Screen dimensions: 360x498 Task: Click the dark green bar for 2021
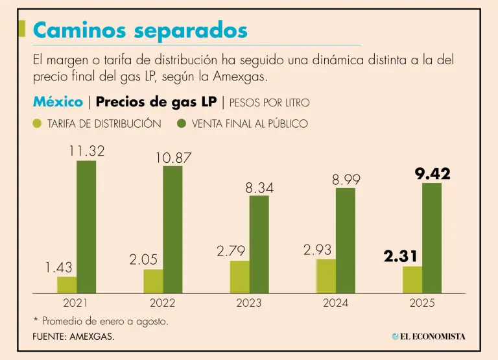86,227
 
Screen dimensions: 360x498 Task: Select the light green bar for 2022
153,281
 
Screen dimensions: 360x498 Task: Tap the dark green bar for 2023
259,245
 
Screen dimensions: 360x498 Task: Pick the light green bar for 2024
326,276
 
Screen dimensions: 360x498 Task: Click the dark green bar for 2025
432,238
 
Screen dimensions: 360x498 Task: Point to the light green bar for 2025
412,280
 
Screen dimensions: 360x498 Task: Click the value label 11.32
86,151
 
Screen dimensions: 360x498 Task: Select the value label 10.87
173,158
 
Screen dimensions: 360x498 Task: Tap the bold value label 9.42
432,174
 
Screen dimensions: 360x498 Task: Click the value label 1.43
58,267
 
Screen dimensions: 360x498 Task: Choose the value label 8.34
259,188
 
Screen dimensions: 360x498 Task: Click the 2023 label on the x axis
249,303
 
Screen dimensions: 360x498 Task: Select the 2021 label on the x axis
76,303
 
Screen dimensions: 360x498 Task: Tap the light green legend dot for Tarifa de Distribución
38,123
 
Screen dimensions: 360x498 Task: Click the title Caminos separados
140,30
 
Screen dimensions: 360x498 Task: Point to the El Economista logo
429,336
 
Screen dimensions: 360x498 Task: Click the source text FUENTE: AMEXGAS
73,337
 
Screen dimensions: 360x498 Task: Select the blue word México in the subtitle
58,102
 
